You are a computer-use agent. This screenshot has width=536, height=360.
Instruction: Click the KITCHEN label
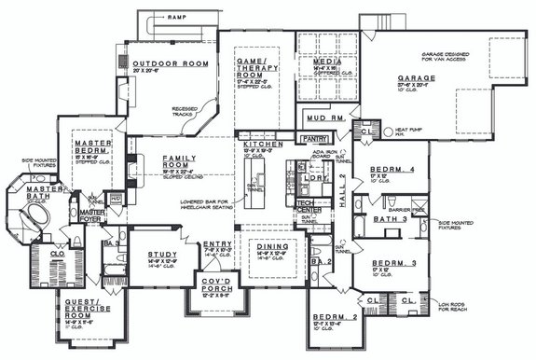[256, 147]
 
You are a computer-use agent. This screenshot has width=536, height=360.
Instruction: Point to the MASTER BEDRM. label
[93, 148]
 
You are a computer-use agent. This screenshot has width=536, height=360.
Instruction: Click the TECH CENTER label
[305, 205]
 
